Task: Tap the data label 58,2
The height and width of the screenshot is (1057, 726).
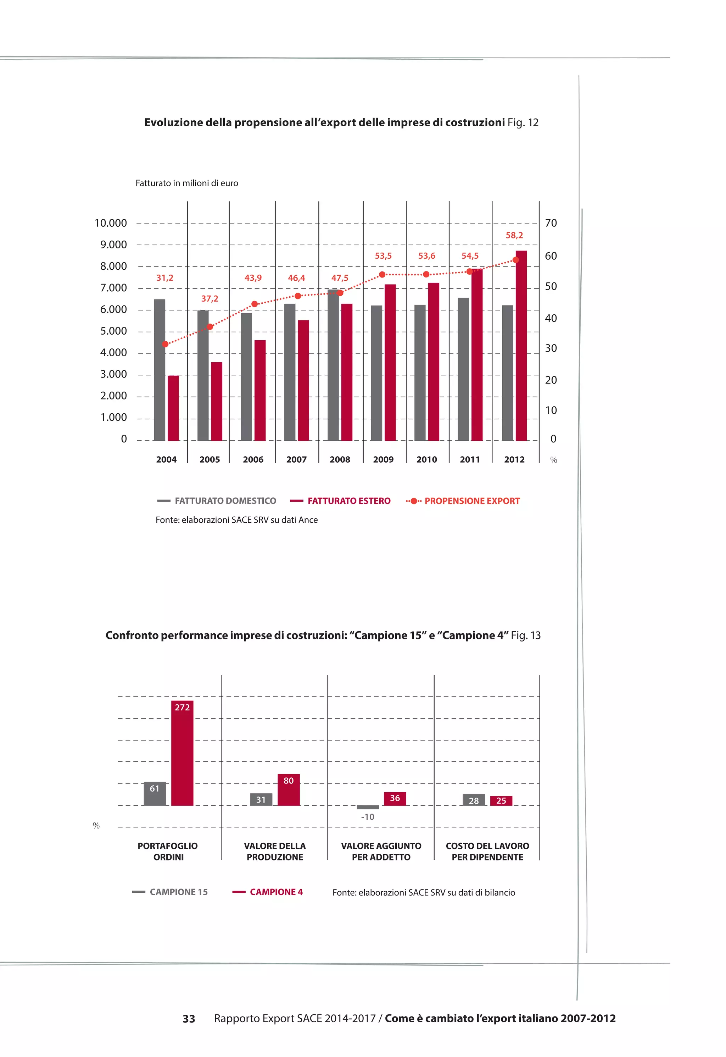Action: click(514, 235)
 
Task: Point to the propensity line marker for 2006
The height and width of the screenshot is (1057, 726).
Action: click(254, 304)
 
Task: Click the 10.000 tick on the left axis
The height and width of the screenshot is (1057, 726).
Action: click(111, 223)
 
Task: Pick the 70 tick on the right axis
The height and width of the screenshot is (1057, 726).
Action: click(551, 223)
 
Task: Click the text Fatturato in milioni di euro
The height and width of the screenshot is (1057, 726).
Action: click(186, 183)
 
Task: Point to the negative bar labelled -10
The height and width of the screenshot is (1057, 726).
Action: click(368, 807)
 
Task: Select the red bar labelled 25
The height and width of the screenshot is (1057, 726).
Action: click(501, 801)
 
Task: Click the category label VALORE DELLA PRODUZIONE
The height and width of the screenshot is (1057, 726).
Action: click(275, 851)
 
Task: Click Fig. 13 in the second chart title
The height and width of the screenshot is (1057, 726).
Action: click(525, 635)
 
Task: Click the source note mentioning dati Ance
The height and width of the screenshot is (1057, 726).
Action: click(236, 520)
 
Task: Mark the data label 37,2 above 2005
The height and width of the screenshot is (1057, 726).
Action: click(210, 299)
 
